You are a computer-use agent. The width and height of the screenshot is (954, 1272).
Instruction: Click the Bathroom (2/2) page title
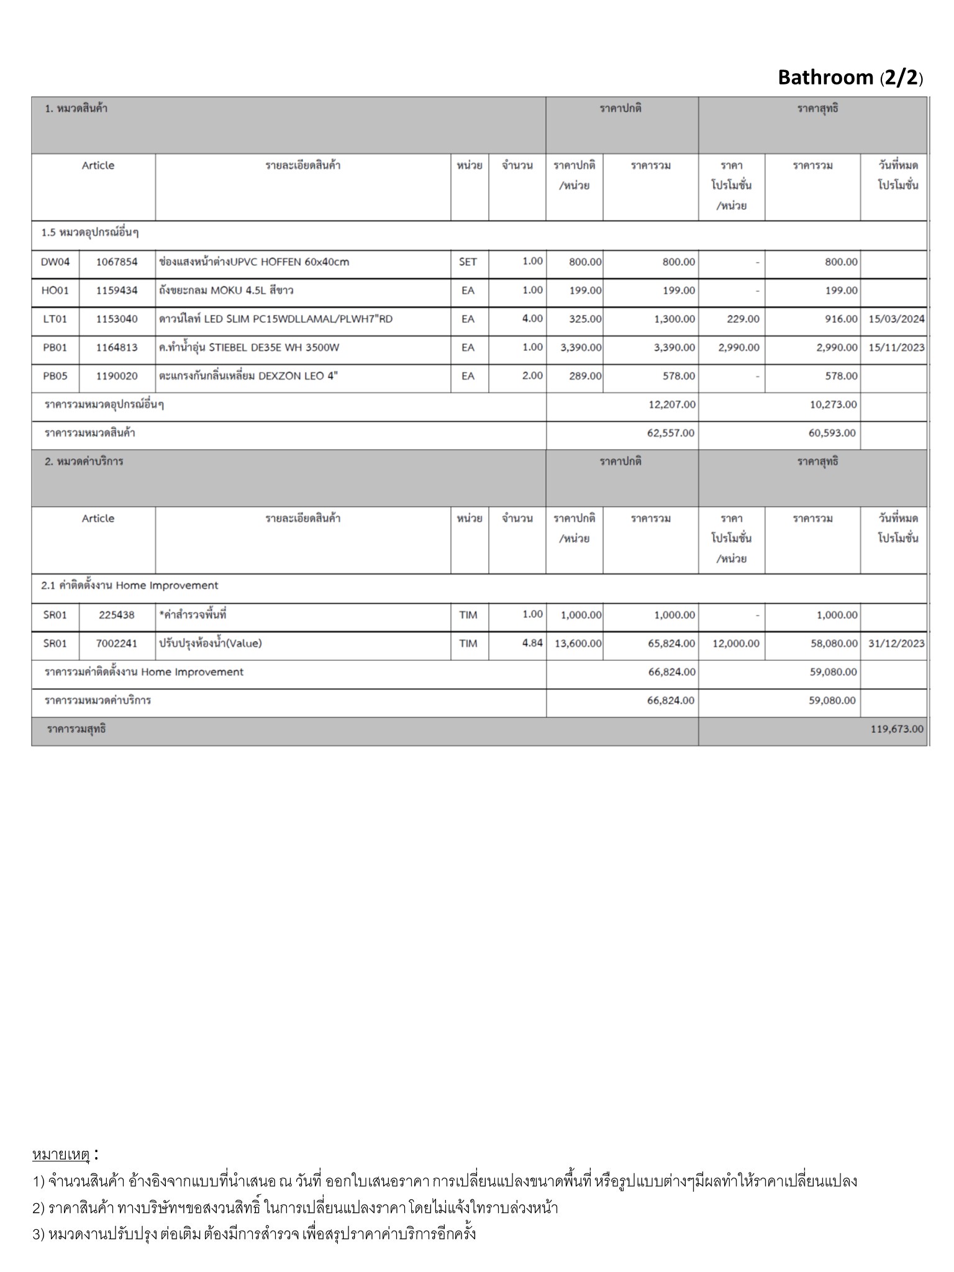pyautogui.click(x=850, y=78)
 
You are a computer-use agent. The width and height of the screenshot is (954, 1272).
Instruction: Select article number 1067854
pyautogui.click(x=117, y=262)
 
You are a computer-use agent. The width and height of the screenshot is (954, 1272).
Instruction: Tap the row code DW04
pyautogui.click(x=55, y=262)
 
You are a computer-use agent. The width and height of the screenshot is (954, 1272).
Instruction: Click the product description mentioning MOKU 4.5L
pyautogui.click(x=226, y=291)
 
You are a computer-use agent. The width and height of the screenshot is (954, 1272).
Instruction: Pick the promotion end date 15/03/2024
pyautogui.click(x=896, y=319)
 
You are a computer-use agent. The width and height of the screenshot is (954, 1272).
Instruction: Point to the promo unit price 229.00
pyautogui.click(x=743, y=319)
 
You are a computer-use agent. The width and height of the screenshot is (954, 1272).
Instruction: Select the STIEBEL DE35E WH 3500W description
pyautogui.click(x=249, y=348)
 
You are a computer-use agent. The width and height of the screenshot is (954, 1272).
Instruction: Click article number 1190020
pyautogui.click(x=117, y=376)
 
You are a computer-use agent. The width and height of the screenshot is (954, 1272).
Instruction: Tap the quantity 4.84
pyautogui.click(x=532, y=643)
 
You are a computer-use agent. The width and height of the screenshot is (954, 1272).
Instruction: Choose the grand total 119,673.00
pyautogui.click(x=897, y=729)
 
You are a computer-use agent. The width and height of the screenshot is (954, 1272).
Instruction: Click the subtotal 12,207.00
pyautogui.click(x=671, y=405)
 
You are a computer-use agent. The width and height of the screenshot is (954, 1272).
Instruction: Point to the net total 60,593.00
pyautogui.click(x=832, y=434)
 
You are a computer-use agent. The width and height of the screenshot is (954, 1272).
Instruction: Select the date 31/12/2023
pyautogui.click(x=896, y=643)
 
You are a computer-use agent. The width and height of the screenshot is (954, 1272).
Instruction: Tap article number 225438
pyautogui.click(x=117, y=615)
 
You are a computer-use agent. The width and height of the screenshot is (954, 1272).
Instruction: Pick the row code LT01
pyautogui.click(x=55, y=319)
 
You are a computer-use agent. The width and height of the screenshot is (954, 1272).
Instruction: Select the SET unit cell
pyautogui.click(x=468, y=262)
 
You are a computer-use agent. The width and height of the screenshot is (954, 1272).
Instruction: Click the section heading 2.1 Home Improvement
pyautogui.click(x=130, y=586)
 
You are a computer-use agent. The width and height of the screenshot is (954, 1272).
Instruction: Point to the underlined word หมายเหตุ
pyautogui.click(x=61, y=1155)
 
